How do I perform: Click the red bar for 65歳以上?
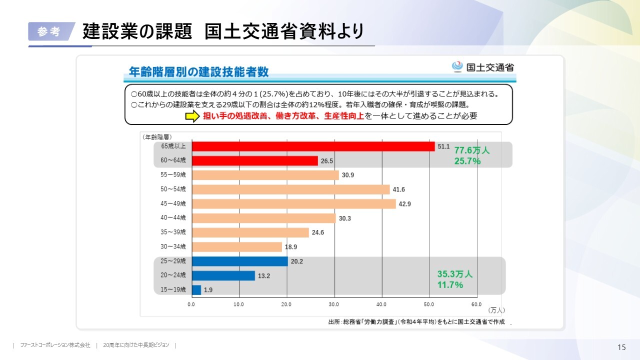(313, 146)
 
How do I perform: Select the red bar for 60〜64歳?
(254, 160)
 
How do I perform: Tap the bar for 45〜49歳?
(293, 204)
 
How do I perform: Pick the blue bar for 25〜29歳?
(239, 261)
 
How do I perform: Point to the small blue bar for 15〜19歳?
(196, 290)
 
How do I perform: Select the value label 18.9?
(291, 247)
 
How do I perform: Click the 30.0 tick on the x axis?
(333, 304)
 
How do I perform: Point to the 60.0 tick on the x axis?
(476, 304)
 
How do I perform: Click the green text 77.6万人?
(471, 150)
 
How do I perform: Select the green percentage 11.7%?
(450, 285)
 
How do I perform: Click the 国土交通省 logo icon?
(457, 66)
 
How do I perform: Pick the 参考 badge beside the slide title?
(48, 31)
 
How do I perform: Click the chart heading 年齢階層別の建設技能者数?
(198, 72)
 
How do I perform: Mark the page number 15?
(621, 347)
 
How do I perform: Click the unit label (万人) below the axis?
(496, 310)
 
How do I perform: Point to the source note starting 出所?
(416, 322)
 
